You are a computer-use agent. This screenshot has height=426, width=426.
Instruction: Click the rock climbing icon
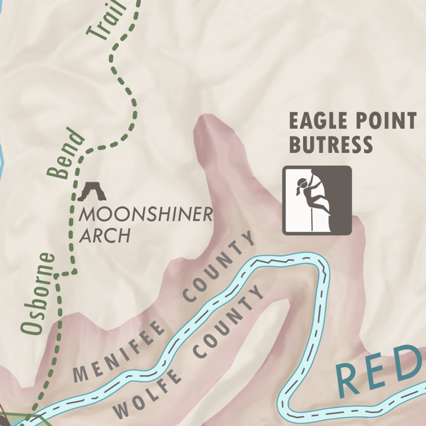317,200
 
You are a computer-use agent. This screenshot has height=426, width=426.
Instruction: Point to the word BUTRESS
331,145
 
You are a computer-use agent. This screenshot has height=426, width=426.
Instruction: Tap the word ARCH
105,236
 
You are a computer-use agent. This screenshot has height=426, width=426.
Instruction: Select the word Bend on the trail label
67,154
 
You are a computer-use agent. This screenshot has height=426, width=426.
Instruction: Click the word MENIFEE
120,351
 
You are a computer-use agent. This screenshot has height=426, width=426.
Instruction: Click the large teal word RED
381,373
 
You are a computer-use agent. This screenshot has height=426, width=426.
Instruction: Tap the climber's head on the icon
303,182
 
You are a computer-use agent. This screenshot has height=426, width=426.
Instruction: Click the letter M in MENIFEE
82,373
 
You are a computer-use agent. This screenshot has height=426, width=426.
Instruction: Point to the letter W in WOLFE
120,410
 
